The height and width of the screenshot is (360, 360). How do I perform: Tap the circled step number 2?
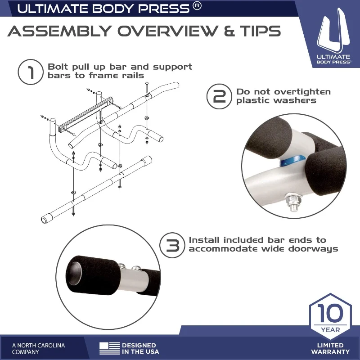coord(219,96)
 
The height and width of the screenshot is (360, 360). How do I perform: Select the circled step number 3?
coord(172,245)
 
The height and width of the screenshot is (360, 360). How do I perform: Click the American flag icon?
coord(109,348)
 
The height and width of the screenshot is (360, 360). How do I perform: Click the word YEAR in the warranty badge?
coord(331,330)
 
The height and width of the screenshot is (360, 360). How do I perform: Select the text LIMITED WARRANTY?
coord(330,348)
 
